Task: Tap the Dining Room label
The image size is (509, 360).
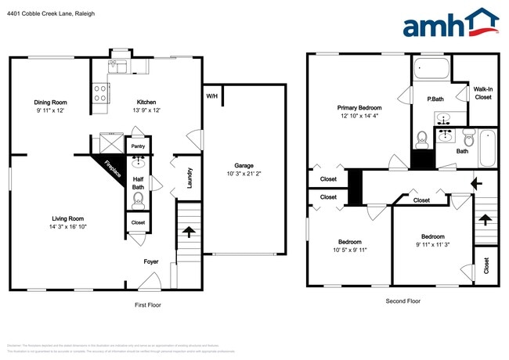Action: coord(49,103)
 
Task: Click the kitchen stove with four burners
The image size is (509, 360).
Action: coord(101,94)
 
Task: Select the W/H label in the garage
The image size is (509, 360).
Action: coord(211,96)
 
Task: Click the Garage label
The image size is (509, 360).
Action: coord(244,165)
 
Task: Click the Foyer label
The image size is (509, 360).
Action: coord(151,262)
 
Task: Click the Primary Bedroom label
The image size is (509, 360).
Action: coord(359,107)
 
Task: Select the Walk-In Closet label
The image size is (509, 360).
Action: coord(483,93)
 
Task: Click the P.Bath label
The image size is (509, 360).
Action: coord(435,99)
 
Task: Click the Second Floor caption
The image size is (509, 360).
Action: coord(403,301)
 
